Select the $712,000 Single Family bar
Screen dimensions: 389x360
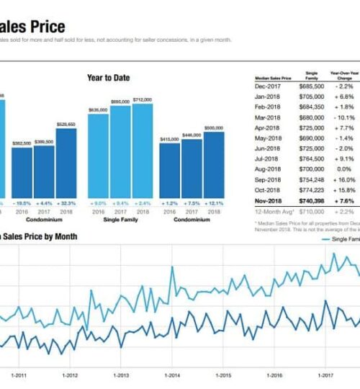click(143, 151)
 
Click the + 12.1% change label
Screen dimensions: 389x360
click(214, 204)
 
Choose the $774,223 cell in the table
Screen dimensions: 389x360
click(311, 189)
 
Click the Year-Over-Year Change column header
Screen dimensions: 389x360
click(344, 76)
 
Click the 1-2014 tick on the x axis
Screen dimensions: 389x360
click(172, 375)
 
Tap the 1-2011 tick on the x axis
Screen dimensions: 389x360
click(19, 375)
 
